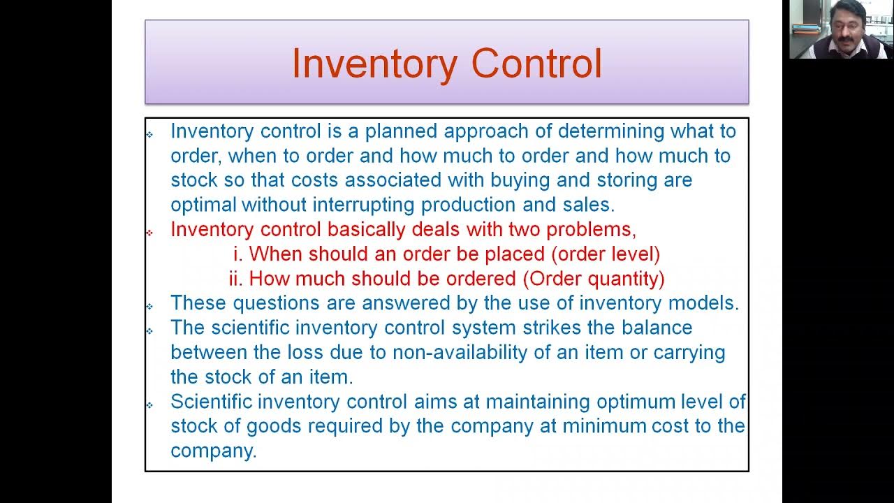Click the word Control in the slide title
click(536, 64)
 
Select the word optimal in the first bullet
click(203, 205)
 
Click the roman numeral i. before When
click(237, 254)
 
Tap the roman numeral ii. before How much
click(235, 278)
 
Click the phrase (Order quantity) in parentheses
click(594, 278)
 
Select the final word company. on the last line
click(213, 451)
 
